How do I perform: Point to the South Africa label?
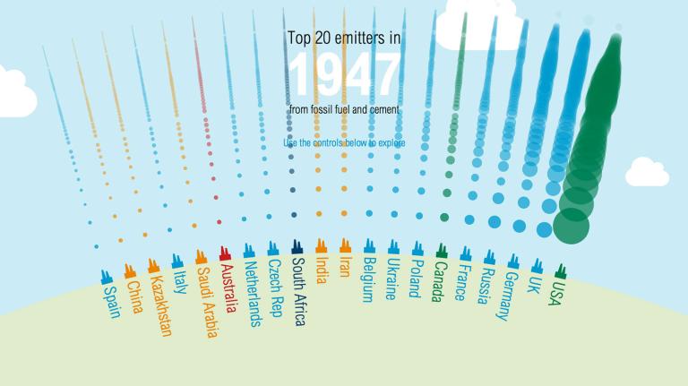(299, 287)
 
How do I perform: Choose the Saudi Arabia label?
(206, 304)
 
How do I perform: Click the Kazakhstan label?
(162, 305)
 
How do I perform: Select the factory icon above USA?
(561, 270)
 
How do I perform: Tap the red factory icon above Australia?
(225, 254)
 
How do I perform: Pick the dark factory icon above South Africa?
(297, 246)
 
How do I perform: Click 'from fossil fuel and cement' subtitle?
(344, 109)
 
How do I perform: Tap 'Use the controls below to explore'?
(344, 142)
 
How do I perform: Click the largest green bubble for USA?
(572, 224)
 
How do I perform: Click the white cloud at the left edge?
(16, 95)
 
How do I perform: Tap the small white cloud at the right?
(647, 171)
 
